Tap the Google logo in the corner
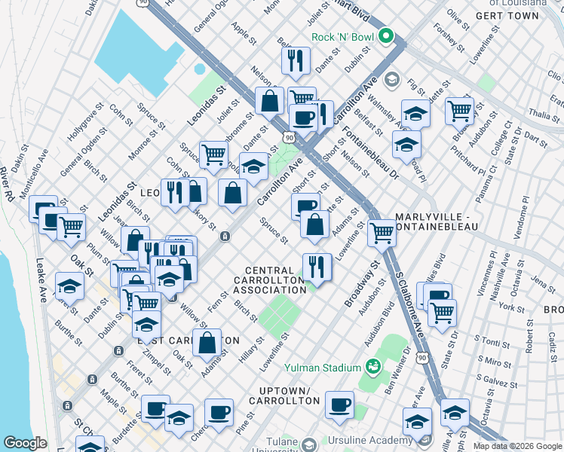coord(26,443)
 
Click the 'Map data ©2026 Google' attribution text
coord(517,446)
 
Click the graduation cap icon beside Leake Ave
coord(69,286)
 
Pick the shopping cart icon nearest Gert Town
coord(458,111)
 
